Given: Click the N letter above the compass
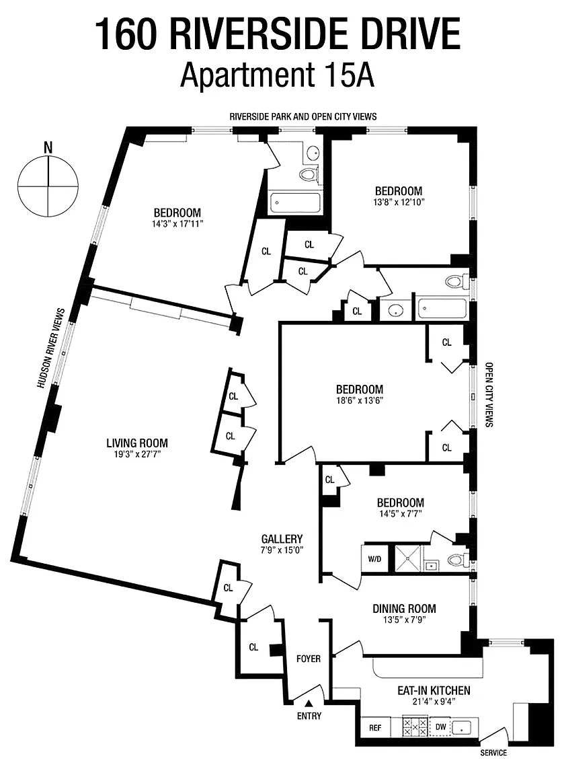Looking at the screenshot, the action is [48, 147].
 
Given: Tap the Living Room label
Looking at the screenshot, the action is [137, 443].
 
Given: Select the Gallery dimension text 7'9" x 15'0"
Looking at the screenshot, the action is [282, 550].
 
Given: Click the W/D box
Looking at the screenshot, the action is [375, 559].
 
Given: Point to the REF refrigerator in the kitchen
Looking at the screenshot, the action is [375, 727].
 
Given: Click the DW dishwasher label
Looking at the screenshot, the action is [440, 727].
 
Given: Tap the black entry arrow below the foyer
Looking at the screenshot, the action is [309, 703].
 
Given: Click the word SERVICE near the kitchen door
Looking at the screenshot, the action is [493, 753].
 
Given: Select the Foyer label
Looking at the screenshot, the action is [308, 659].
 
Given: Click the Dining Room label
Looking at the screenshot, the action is [404, 608].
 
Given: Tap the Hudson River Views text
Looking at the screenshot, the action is [51, 348].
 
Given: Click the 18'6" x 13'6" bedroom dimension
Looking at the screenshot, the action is [360, 400].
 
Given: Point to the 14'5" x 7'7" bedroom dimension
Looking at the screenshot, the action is [400, 513].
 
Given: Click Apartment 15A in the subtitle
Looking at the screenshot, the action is [277, 75].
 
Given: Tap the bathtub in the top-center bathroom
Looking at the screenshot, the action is [295, 202].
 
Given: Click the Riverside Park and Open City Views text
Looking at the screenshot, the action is [303, 116].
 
